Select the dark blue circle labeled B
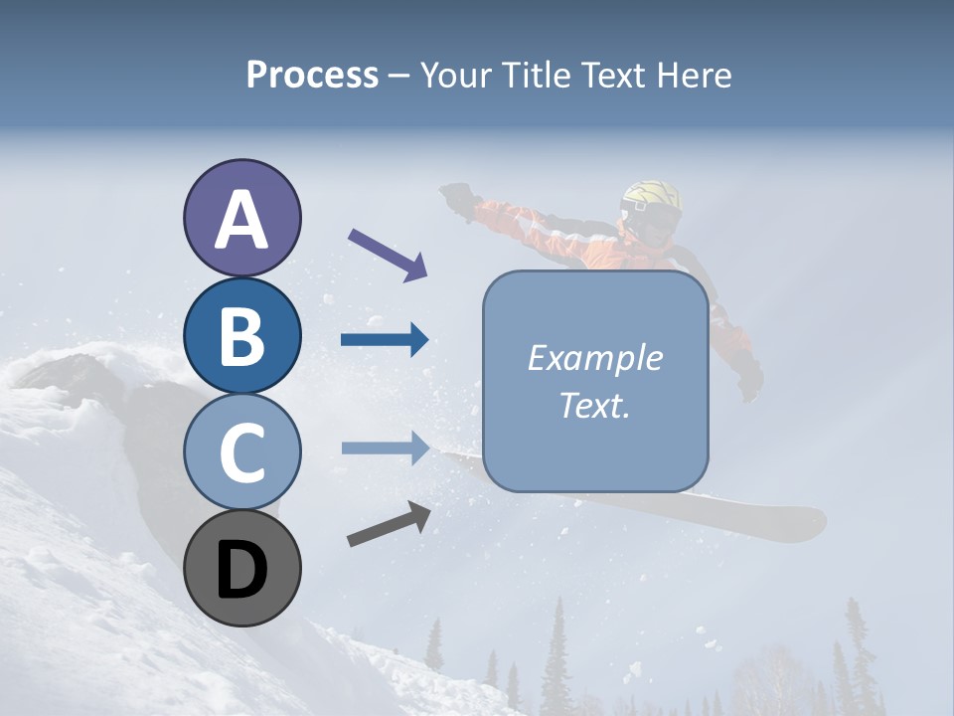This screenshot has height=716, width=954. pyautogui.click(x=241, y=336)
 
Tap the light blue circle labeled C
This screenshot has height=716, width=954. pyautogui.click(x=241, y=452)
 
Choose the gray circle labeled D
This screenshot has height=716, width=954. pyautogui.click(x=241, y=569)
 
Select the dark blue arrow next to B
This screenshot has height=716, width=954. pyautogui.click(x=385, y=341)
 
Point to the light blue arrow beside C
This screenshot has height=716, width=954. pyautogui.click(x=385, y=447)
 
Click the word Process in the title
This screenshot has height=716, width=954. pyautogui.click(x=312, y=76)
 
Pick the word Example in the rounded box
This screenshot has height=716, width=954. pyautogui.click(x=594, y=358)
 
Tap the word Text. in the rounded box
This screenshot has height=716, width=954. pyautogui.click(x=594, y=406)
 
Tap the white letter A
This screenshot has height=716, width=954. pyautogui.click(x=241, y=221)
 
